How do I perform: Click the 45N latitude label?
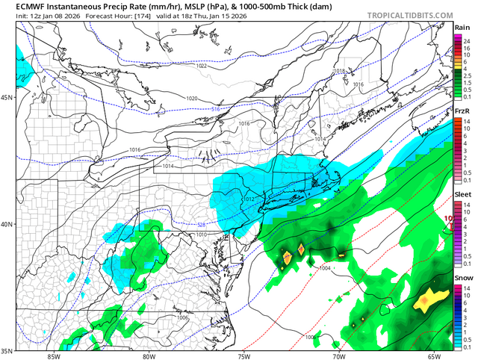(8, 98)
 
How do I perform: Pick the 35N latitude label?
(8, 350)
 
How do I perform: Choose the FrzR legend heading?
(463, 111)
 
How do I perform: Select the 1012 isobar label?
(249, 199)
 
